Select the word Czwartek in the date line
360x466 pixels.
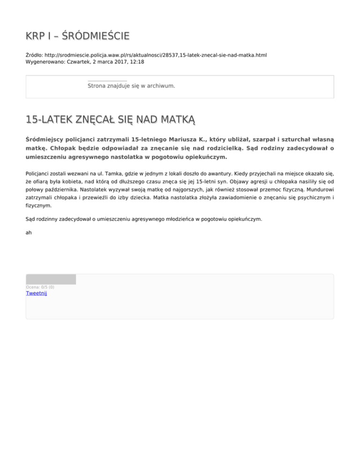(79, 61)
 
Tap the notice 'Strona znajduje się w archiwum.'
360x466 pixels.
(131, 86)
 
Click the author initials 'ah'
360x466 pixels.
(29, 232)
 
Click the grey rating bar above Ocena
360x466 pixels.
(51, 279)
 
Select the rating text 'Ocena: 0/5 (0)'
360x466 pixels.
(40, 287)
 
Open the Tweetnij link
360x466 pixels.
(36, 293)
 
